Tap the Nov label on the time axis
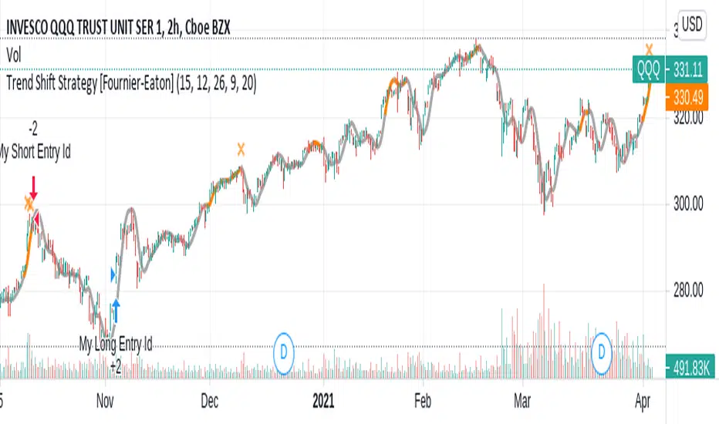[106, 402]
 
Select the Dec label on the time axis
[209, 402]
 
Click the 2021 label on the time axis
[325, 402]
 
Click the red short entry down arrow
[33, 187]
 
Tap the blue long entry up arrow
[116, 308]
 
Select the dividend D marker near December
[285, 348]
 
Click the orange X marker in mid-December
[241, 149]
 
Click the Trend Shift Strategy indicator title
[131, 86]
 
